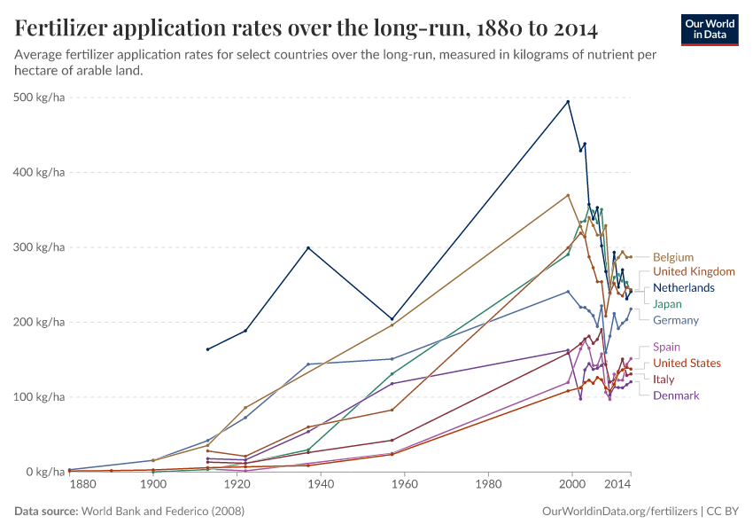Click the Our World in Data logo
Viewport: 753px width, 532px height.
709,29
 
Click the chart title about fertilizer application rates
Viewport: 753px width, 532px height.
307,28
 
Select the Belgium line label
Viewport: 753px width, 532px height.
673,257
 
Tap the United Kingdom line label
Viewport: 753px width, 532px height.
694,271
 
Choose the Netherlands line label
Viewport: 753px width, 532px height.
683,288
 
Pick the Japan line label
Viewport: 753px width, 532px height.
667,304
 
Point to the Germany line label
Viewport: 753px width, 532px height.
676,320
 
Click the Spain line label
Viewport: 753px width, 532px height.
666,348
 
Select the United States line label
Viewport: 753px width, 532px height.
687,364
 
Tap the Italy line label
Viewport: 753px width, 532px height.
664,379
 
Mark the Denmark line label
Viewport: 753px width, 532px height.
676,395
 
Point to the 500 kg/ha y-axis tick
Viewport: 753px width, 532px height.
40,98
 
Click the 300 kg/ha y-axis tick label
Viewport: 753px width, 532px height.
40,247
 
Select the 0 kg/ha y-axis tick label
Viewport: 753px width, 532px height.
45,472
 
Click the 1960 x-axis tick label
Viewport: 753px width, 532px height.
404,485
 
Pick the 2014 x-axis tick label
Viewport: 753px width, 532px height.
617,485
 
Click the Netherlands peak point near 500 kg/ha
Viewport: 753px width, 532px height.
568,101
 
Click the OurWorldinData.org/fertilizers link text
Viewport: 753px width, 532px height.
617,512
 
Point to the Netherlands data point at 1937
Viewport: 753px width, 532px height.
308,247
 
